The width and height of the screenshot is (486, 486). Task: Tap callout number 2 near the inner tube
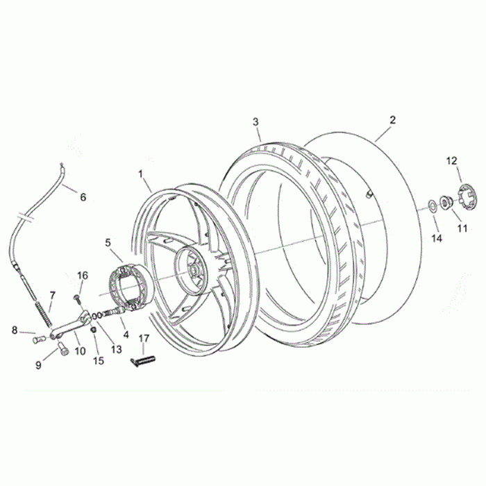(393, 119)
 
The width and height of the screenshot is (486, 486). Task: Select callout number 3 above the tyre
(255, 122)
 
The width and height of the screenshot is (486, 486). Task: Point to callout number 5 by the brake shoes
(108, 242)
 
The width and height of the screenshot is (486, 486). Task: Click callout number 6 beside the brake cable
(83, 196)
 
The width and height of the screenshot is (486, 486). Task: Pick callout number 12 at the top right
(452, 160)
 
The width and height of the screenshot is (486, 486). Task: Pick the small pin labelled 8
(39, 338)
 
